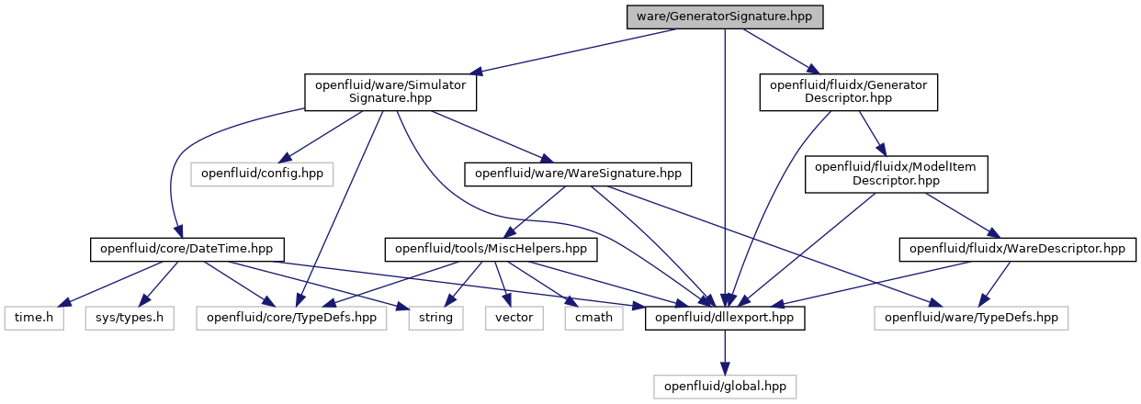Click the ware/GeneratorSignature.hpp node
pyautogui.click(x=724, y=17)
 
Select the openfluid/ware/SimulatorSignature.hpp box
pyautogui.click(x=390, y=92)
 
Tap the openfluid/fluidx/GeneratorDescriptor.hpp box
pyautogui.click(x=848, y=92)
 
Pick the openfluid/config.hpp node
pyautogui.click(x=262, y=174)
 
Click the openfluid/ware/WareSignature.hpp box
pyautogui.click(x=578, y=174)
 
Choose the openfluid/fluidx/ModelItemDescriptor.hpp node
pyautogui.click(x=896, y=174)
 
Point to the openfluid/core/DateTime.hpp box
pyautogui.click(x=186, y=250)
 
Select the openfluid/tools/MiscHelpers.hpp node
pyautogui.click(x=491, y=250)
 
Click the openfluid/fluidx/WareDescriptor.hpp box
pyautogui.click(x=1017, y=250)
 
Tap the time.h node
pyautogui.click(x=34, y=318)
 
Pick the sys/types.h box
pyautogui.click(x=130, y=318)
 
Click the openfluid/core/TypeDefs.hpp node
pyautogui.click(x=291, y=318)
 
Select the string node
pyautogui.click(x=435, y=318)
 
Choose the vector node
pyautogui.click(x=514, y=318)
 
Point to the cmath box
pyautogui.click(x=593, y=318)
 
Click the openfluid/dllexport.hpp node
pyautogui.click(x=724, y=318)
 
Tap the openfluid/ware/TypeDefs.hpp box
pyautogui.click(x=971, y=318)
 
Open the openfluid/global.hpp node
pyautogui.click(x=724, y=387)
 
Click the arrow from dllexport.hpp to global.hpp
pyautogui.click(x=725, y=353)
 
